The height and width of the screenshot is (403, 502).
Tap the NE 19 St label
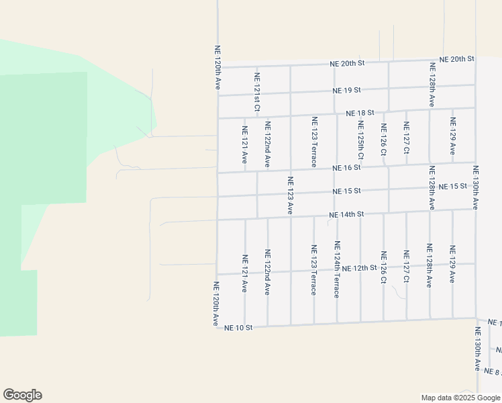[347, 90]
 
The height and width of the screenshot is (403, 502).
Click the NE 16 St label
[348, 167]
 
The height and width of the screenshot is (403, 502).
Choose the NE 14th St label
[346, 215]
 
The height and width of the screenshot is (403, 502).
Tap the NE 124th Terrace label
[336, 269]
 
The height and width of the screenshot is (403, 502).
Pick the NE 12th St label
[360, 268]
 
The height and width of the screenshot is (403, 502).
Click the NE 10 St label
[238, 328]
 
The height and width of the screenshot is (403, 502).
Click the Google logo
[22, 395]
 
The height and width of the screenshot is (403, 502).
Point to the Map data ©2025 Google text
[460, 398]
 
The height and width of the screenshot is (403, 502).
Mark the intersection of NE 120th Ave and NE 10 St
[217, 327]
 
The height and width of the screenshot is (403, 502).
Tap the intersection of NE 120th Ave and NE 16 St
[217, 173]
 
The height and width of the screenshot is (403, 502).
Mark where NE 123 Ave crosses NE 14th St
[291, 218]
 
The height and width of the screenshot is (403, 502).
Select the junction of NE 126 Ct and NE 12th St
[383, 269]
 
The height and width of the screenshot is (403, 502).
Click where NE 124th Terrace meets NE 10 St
[337, 323]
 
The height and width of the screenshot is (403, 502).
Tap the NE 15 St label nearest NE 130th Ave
[452, 186]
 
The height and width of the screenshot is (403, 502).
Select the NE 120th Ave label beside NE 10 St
[217, 304]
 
